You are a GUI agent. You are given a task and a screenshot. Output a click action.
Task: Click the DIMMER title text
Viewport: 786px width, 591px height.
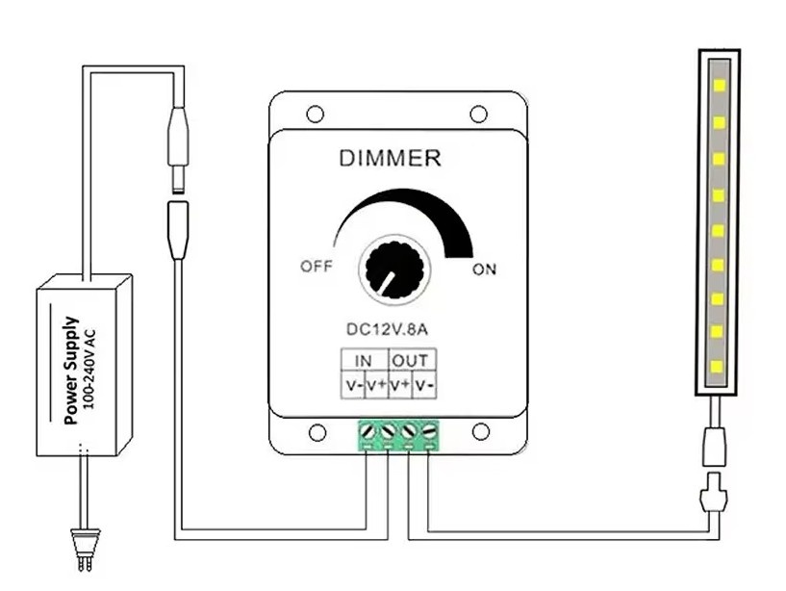(390, 158)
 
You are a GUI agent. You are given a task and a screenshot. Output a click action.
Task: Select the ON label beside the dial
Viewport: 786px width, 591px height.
(484, 270)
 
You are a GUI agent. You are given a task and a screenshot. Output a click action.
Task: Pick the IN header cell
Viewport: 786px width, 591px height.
(364, 361)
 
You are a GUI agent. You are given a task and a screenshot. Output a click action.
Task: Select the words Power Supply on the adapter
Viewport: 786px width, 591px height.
(70, 370)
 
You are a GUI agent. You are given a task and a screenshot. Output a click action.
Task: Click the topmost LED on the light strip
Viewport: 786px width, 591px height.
(717, 84)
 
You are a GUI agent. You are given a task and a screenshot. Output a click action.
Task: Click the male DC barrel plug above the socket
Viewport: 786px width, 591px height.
(177, 144)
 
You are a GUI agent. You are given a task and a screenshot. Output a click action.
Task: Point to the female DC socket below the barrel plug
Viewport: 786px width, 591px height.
(177, 228)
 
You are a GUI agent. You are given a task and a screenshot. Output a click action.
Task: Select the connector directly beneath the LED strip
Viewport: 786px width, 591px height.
(715, 444)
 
